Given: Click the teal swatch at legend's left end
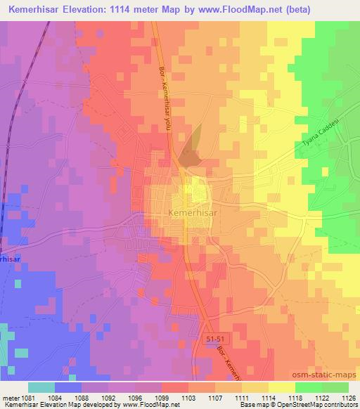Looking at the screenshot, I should [41, 387].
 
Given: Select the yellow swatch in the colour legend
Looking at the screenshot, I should [281, 387].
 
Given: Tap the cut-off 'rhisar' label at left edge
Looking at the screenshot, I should [9, 258].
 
